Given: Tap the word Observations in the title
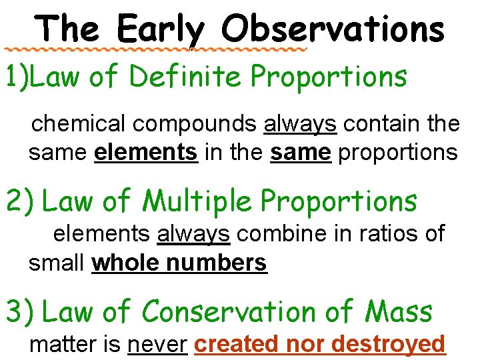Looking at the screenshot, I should (333, 29).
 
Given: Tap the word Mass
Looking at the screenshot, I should (399, 311).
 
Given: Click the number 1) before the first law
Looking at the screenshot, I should (16, 77).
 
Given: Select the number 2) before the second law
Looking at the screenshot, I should (20, 201).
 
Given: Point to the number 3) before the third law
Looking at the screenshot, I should (20, 312).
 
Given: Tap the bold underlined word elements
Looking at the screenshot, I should (146, 153).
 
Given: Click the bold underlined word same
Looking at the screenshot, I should (300, 153).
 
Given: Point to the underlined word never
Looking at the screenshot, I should (157, 344).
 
